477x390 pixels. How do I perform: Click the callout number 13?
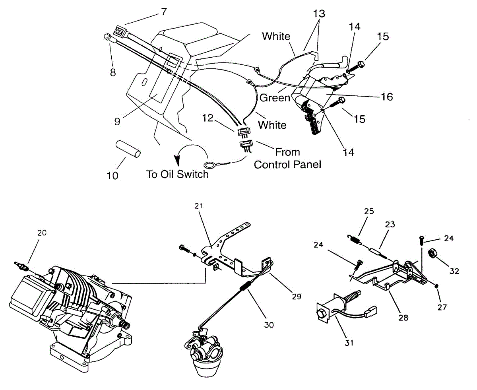pyautogui.click(x=319, y=14)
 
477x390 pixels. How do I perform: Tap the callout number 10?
pyautogui.click(x=112, y=175)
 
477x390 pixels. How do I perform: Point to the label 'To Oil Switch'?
pyautogui.click(x=177, y=174)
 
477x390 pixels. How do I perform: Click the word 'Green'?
pyautogui.click(x=275, y=97)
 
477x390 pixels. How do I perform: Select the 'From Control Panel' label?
pyautogui.click(x=287, y=158)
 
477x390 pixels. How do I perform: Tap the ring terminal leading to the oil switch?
pyautogui.click(x=208, y=165)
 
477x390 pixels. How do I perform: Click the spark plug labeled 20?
pyautogui.click(x=22, y=266)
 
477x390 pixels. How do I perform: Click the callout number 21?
pyautogui.click(x=199, y=206)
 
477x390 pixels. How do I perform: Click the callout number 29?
pyautogui.click(x=296, y=296)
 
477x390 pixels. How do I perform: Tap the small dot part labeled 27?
pyautogui.click(x=436, y=286)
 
